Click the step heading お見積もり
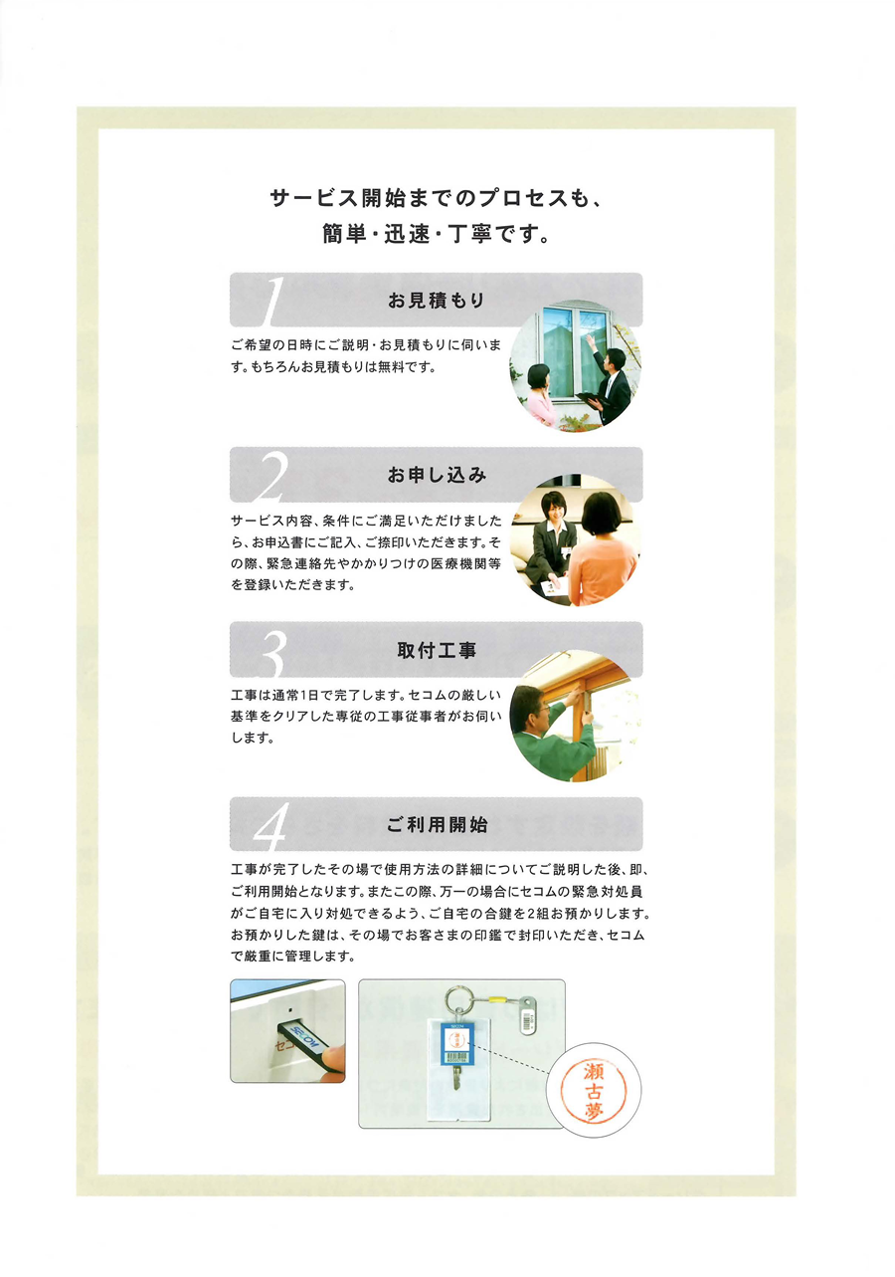(437, 301)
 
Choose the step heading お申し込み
(437, 475)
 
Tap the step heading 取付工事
(437, 650)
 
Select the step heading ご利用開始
(437, 824)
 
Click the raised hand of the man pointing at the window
(590, 341)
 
